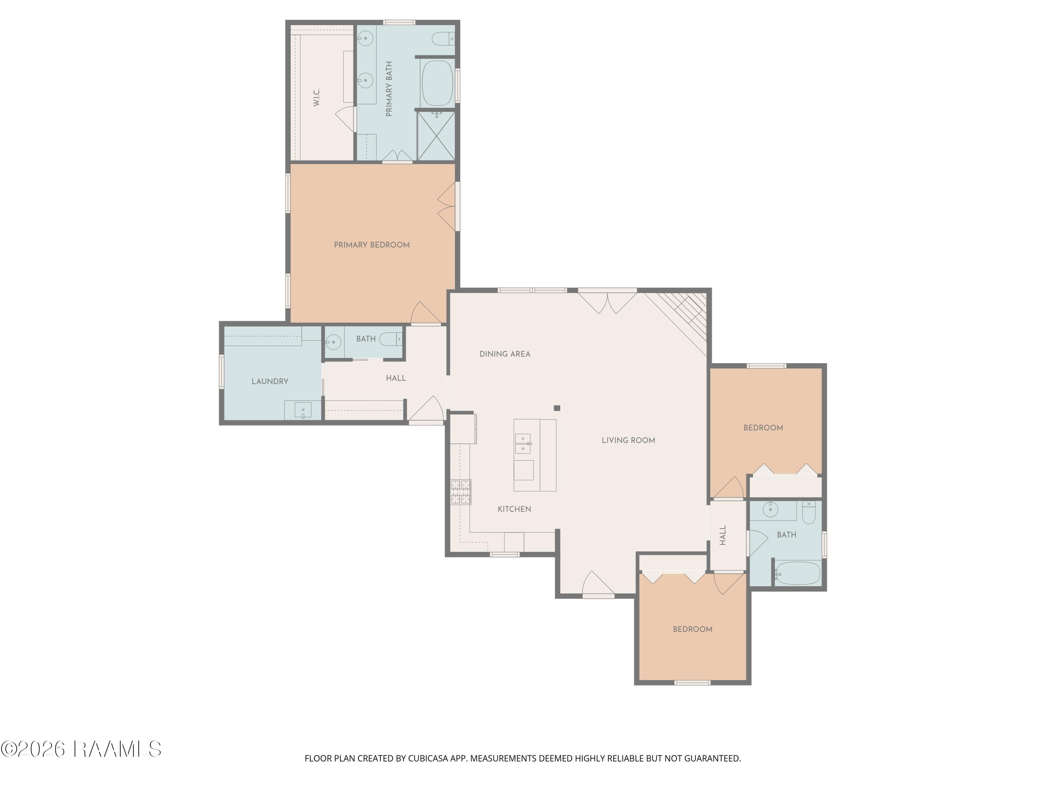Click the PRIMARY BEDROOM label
(x=372, y=245)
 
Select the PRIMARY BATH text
(x=389, y=89)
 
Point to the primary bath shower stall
(x=436, y=136)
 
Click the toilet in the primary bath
(x=444, y=39)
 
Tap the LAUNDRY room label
(x=270, y=381)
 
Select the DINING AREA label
(x=505, y=354)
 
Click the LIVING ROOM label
(x=628, y=441)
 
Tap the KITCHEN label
(x=515, y=509)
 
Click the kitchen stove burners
(x=461, y=492)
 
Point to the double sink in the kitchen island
(x=523, y=444)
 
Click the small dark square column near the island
(x=557, y=408)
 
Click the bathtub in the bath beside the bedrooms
(x=798, y=573)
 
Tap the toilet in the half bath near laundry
(x=391, y=339)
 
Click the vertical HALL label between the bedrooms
(x=722, y=535)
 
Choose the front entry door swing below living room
(x=598, y=583)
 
